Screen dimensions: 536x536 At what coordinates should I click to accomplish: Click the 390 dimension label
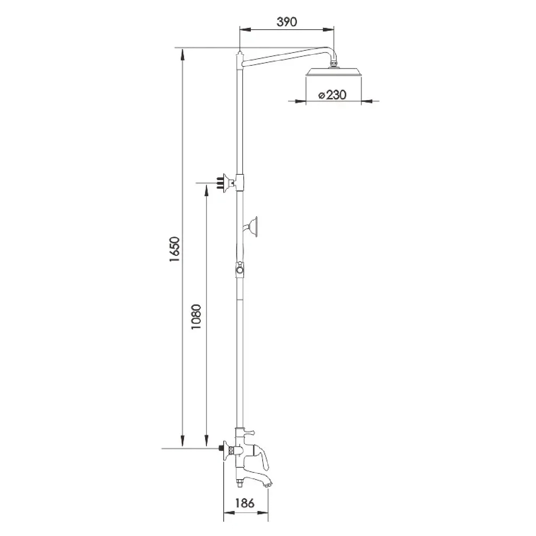[287, 22]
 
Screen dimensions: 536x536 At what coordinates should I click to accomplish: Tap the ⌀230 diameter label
[332, 95]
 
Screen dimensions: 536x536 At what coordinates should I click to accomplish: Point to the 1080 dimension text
[197, 317]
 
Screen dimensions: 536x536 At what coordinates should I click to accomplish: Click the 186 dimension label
[245, 503]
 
